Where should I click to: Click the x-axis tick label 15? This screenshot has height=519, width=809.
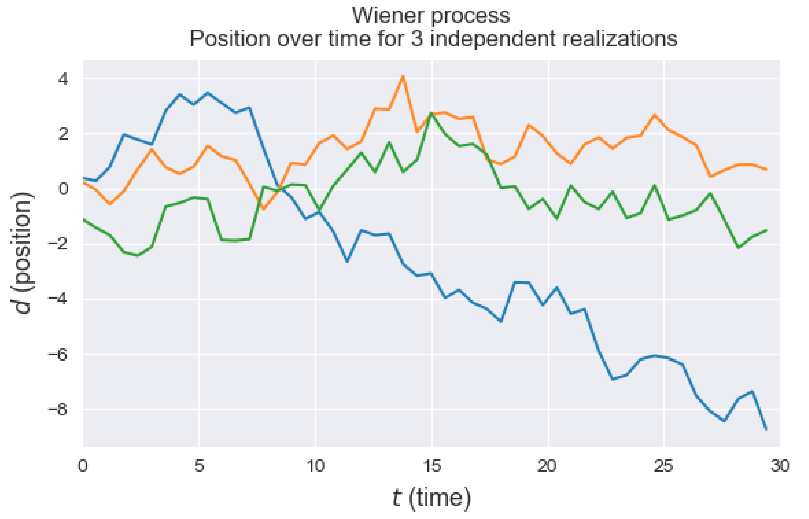[432, 466]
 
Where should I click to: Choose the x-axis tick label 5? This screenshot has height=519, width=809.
[199, 466]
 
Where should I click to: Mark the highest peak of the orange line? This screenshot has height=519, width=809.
[403, 76]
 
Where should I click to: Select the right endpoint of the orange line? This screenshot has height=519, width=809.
[767, 169]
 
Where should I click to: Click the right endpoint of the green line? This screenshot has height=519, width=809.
[767, 230]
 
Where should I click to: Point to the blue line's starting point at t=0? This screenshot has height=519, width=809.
[83, 178]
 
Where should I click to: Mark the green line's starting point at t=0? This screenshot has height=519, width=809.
[83, 219]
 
